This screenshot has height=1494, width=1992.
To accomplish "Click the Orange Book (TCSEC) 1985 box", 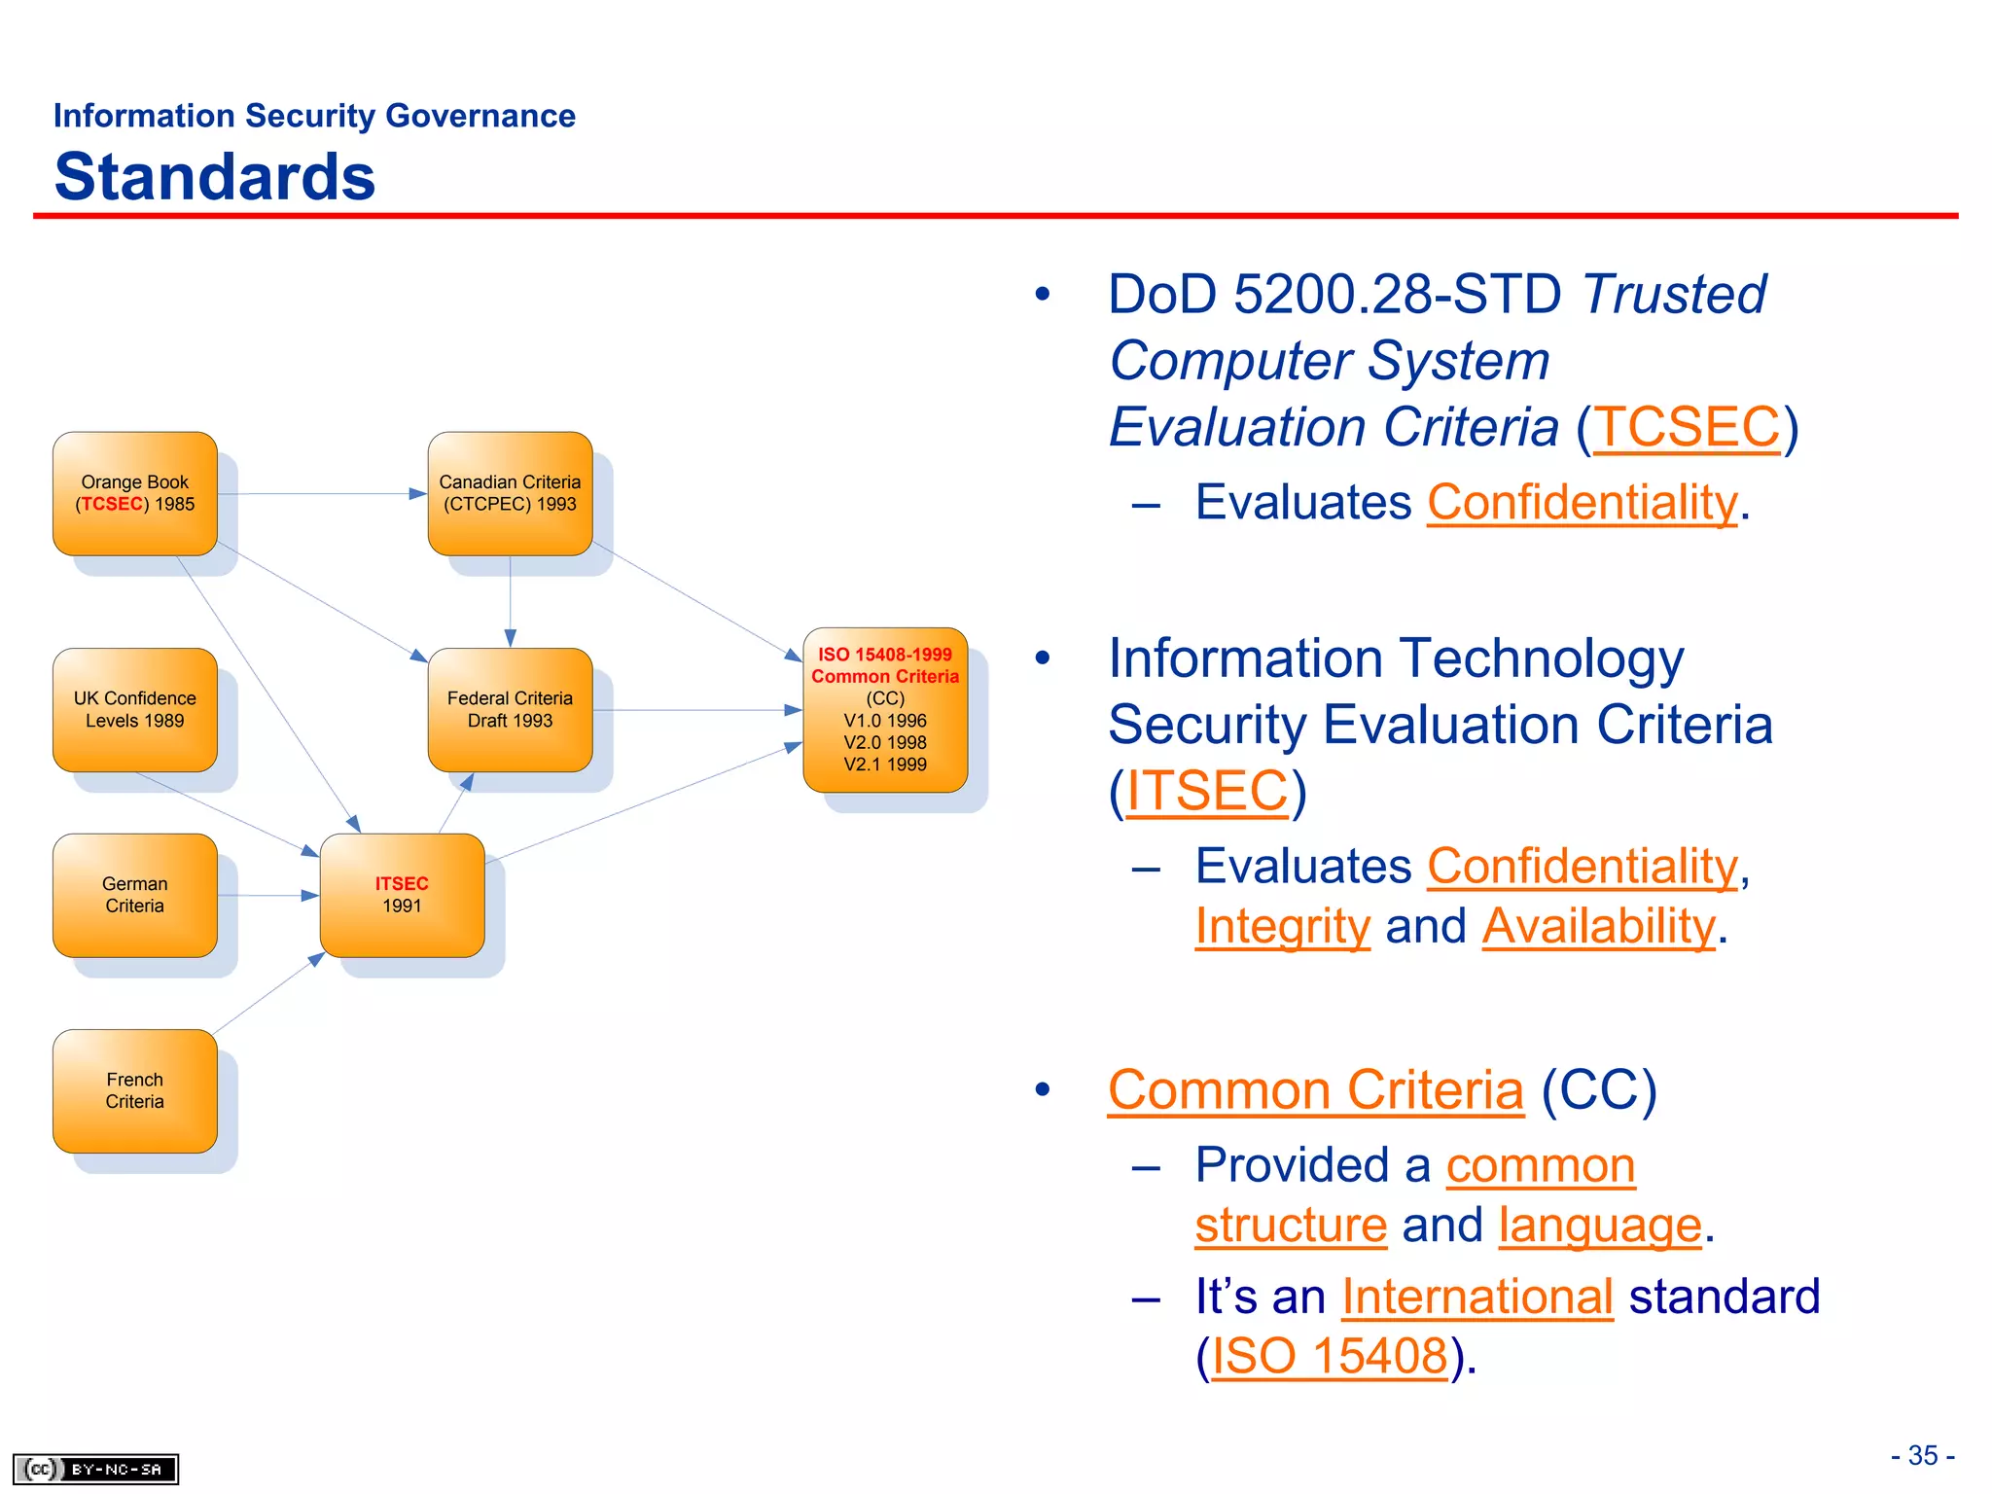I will (x=134, y=493).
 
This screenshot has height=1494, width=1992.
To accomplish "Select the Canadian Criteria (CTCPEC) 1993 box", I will (x=510, y=493).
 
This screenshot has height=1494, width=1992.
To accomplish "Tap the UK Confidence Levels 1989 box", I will (x=134, y=709).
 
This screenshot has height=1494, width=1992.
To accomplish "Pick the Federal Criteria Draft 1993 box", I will (x=510, y=709).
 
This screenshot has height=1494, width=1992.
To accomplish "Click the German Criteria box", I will (x=134, y=895).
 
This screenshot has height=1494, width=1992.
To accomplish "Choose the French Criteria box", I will (x=134, y=1090).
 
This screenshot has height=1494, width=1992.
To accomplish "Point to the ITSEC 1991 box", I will (x=402, y=895).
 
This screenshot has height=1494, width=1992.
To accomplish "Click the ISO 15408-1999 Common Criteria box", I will (x=884, y=709).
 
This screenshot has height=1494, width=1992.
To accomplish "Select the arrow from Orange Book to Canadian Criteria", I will (x=321, y=494).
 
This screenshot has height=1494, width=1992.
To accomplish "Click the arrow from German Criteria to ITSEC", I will (x=267, y=895).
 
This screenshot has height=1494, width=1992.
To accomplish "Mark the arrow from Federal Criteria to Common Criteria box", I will (x=695, y=710).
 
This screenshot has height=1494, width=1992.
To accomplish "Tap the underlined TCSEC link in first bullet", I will (x=1687, y=428).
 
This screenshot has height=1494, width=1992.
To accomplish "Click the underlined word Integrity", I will (x=1282, y=926).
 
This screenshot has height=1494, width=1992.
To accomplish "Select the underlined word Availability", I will (x=1598, y=926).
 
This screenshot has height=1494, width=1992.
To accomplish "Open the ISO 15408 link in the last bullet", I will (x=1330, y=1356).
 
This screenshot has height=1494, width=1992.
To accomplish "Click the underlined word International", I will (x=1476, y=1297).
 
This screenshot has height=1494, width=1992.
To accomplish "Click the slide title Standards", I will (x=215, y=177).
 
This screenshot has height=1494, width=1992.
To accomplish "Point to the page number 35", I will (x=1922, y=1455).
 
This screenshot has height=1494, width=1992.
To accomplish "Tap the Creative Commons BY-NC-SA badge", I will (x=95, y=1469).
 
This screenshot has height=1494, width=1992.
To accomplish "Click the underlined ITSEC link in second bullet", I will (x=1207, y=790).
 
